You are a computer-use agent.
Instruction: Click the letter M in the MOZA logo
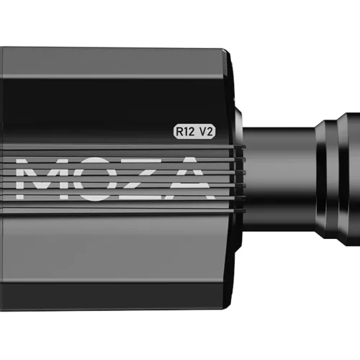pos(38,179)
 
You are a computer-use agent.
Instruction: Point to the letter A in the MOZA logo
pos(187,179)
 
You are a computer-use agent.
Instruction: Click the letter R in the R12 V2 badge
pos(179,132)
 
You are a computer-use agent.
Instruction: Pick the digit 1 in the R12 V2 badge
pos(185,132)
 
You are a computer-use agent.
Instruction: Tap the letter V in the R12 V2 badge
pos(203,132)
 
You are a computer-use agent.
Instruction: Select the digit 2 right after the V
pos(210,132)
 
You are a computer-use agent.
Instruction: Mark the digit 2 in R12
pos(192,132)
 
